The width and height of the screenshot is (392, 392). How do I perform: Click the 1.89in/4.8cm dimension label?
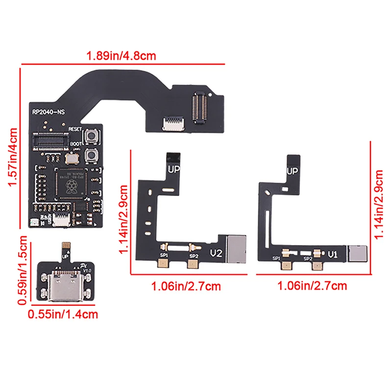click(121, 55)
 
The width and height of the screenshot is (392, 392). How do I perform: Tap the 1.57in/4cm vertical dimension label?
click(13, 157)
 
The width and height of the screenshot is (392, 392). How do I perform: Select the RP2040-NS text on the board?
click(49, 112)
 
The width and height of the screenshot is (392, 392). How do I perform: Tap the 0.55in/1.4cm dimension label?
click(63, 314)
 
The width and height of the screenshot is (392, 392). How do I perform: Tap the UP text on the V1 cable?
click(293, 171)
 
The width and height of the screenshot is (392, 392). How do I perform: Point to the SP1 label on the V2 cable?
click(163, 256)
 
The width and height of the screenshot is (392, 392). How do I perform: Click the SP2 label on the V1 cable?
click(308, 258)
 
